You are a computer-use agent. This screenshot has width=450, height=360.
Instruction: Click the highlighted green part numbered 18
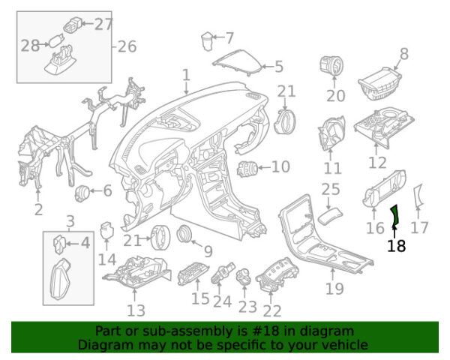(x=395, y=217)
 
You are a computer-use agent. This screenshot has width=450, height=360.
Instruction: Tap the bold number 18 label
(x=396, y=245)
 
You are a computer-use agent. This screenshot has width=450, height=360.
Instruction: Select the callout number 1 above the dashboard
(x=185, y=75)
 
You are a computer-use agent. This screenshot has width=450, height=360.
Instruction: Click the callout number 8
(x=404, y=53)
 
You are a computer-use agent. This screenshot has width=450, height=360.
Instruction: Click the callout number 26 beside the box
(x=127, y=46)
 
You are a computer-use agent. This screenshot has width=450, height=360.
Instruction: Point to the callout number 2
(x=38, y=209)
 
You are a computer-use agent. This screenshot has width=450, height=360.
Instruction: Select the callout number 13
(x=136, y=310)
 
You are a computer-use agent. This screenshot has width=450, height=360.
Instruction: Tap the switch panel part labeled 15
(x=195, y=274)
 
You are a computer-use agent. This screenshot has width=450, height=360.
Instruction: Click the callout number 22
(x=272, y=310)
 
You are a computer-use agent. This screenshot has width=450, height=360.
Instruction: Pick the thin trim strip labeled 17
(x=418, y=196)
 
